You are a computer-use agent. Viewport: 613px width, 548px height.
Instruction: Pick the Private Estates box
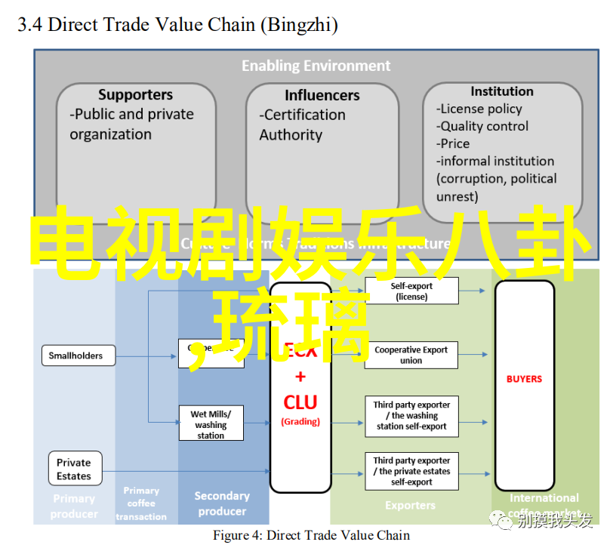(73, 469)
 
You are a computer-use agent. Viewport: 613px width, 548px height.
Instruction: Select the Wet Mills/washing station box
(211, 424)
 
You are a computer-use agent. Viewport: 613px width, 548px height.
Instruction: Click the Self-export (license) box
(411, 291)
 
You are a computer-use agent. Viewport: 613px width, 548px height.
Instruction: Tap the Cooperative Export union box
(411, 355)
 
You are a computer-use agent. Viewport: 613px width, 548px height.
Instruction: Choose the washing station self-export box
(411, 416)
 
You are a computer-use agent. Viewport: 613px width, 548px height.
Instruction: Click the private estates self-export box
(411, 471)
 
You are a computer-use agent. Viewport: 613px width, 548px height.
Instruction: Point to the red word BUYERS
(524, 379)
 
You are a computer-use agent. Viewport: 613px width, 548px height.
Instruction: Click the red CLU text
(300, 402)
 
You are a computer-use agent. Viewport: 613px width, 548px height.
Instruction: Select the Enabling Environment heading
(316, 66)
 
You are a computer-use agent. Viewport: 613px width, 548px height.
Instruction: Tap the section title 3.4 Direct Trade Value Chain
(178, 25)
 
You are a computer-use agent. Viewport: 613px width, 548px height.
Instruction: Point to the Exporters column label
(410, 505)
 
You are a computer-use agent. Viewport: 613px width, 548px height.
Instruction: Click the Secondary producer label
(222, 503)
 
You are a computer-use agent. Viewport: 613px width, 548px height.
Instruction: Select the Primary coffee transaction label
(141, 503)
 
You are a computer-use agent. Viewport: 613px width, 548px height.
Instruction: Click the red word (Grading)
(300, 422)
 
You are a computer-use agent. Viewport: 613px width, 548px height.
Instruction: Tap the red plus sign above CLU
(300, 377)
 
